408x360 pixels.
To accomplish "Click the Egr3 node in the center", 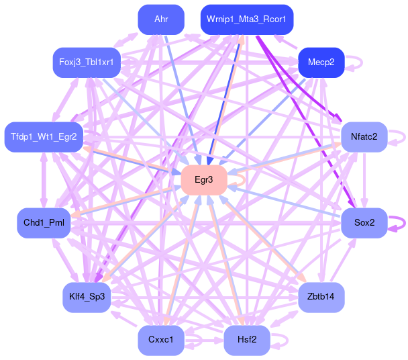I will [x=204, y=180].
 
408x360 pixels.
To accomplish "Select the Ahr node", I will [x=161, y=19].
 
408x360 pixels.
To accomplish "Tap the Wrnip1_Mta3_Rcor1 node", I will [x=247, y=19].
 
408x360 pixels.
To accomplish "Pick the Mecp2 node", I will [x=321, y=62].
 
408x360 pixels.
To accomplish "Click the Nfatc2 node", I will [x=364, y=137].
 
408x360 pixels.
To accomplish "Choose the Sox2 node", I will [x=364, y=222].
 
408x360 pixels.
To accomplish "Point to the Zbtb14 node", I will [x=321, y=296].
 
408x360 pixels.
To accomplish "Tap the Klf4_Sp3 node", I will [x=87, y=296].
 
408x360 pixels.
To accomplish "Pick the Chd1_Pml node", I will [x=44, y=222].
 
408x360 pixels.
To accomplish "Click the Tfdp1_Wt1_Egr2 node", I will [x=44, y=137].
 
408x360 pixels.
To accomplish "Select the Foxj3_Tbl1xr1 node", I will [x=87, y=62].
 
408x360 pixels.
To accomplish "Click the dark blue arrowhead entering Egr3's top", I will [x=209, y=161].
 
